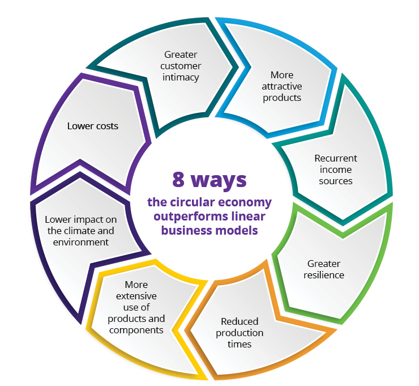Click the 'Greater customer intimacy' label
[182, 66]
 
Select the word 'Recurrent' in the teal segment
[336, 158]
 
